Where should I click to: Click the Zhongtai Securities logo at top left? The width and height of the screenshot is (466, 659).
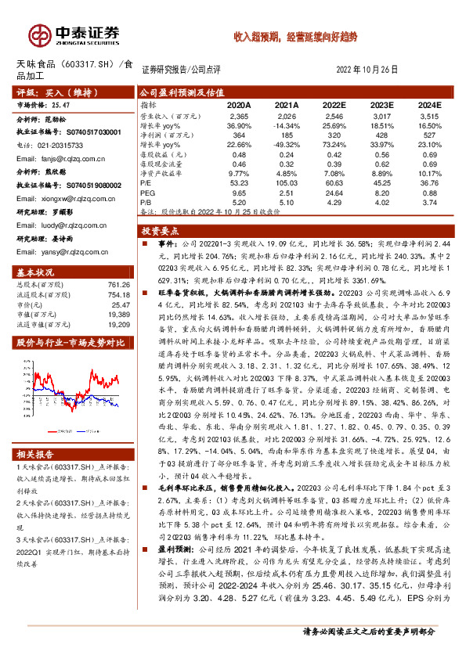point(75,35)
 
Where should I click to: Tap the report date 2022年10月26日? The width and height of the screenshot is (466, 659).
point(373,68)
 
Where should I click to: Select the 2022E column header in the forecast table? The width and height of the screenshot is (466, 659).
point(334,103)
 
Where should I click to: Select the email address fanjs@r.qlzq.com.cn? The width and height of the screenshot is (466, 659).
point(54,157)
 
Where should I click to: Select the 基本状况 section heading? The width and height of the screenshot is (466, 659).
point(36,272)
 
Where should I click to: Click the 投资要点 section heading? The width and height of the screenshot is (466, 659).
point(161,231)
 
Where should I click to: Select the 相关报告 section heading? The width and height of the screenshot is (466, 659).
point(36,455)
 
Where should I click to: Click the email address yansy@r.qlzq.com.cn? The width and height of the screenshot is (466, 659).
point(55,251)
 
